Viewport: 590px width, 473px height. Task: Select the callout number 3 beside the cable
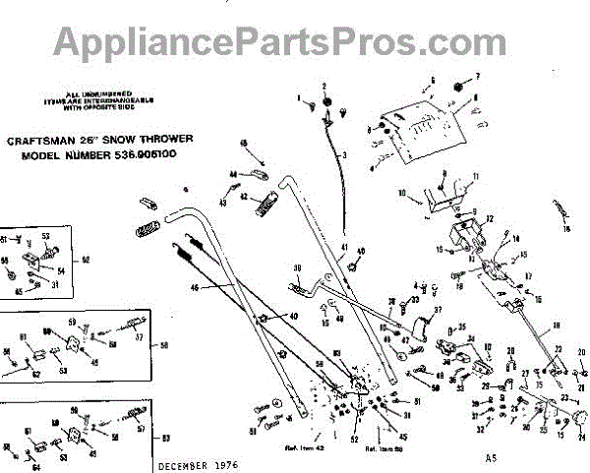345,156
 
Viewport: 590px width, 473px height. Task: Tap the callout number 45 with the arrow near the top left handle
243,143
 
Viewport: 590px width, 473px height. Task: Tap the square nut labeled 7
457,87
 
